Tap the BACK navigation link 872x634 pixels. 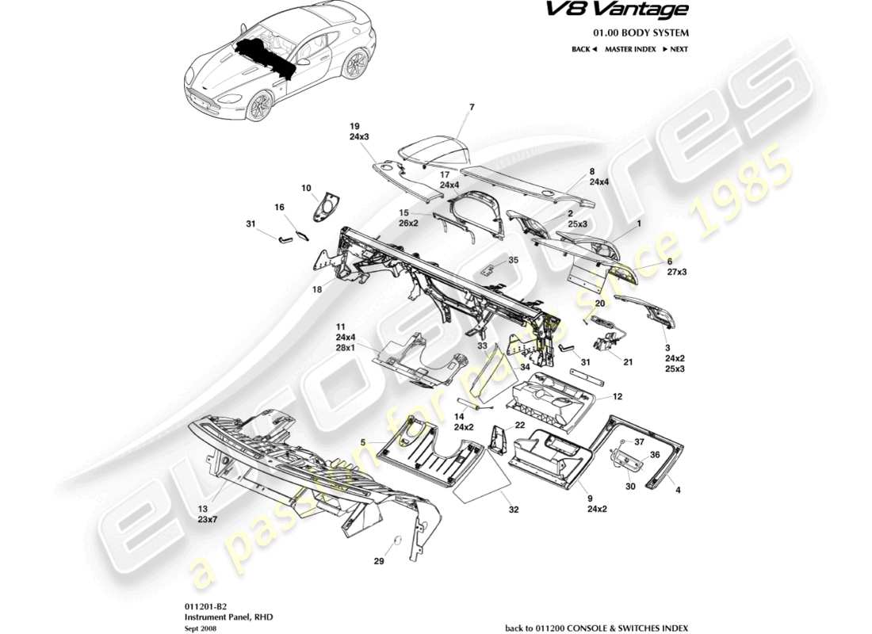coord(583,49)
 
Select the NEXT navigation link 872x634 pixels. coord(675,49)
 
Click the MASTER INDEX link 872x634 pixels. coord(630,49)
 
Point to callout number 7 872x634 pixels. coord(471,106)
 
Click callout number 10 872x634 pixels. coord(305,188)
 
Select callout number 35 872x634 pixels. coord(513,259)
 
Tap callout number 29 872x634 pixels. coord(379,562)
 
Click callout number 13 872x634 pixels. coord(202,508)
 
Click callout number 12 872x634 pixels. coord(618,396)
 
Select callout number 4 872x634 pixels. coord(678,490)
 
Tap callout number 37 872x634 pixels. coord(640,441)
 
